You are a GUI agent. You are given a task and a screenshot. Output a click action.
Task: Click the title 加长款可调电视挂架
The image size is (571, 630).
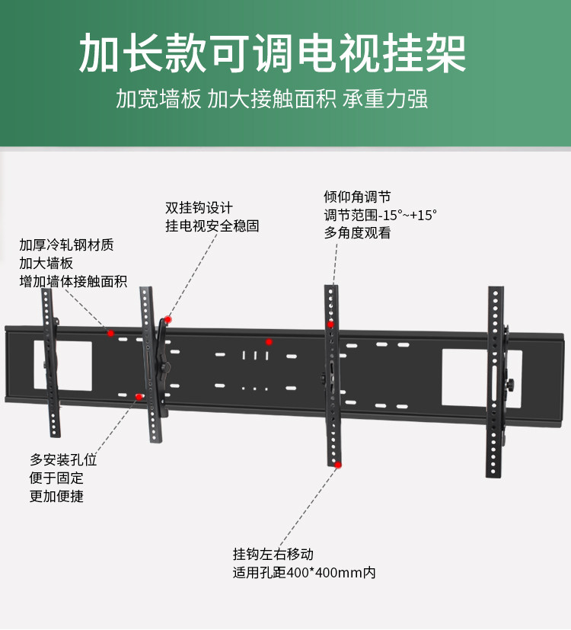pyautogui.click(x=273, y=53)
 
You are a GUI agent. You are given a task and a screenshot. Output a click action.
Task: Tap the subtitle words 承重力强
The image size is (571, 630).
pyautogui.click(x=385, y=100)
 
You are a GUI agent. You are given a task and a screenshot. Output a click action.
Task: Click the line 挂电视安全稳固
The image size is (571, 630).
pyautogui.click(x=212, y=226)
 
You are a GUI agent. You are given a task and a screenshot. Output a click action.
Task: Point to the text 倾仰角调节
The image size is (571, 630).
pyautogui.click(x=357, y=197)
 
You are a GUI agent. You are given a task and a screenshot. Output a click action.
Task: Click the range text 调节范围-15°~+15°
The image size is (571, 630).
pyautogui.click(x=381, y=215)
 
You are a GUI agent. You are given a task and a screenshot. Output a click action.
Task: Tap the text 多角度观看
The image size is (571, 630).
pyautogui.click(x=357, y=233)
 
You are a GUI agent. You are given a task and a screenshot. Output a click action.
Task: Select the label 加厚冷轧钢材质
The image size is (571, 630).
pyautogui.click(x=67, y=245)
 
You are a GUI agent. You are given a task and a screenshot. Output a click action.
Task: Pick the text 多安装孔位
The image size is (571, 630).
pyautogui.click(x=63, y=460)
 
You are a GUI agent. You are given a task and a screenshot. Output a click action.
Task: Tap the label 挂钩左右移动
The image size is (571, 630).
pyautogui.click(x=273, y=554)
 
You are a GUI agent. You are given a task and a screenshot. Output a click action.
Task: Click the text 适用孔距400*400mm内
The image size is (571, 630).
pyautogui.click(x=305, y=572)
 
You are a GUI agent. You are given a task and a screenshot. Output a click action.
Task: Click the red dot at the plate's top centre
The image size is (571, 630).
pyautogui.click(x=268, y=341)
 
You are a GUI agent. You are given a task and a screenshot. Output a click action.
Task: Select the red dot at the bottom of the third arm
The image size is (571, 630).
pyautogui.click(x=338, y=464)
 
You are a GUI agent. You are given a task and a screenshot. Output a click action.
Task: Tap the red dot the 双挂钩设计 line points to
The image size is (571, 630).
pyautogui.click(x=168, y=320)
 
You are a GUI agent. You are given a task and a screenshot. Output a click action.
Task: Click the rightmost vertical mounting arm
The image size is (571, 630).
pyautogui.click(x=496, y=381)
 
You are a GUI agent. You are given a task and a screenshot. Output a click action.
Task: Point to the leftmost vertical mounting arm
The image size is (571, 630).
pyautogui.click(x=50, y=366)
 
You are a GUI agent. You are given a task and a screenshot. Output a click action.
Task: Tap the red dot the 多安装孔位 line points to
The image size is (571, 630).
pyautogui.click(x=139, y=396)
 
